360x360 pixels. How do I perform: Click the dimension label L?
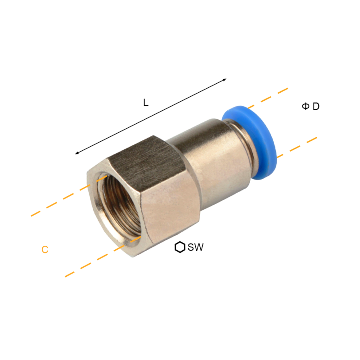(x=146, y=103)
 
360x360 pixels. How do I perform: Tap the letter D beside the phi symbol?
(x=316, y=106)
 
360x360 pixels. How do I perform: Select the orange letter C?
(x=45, y=249)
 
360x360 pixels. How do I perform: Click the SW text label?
(x=195, y=247)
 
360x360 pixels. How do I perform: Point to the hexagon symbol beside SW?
(x=180, y=247)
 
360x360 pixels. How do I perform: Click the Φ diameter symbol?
(x=306, y=106)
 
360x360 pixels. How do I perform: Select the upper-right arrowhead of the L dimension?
(x=225, y=80)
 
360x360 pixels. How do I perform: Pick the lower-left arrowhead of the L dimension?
(x=77, y=153)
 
